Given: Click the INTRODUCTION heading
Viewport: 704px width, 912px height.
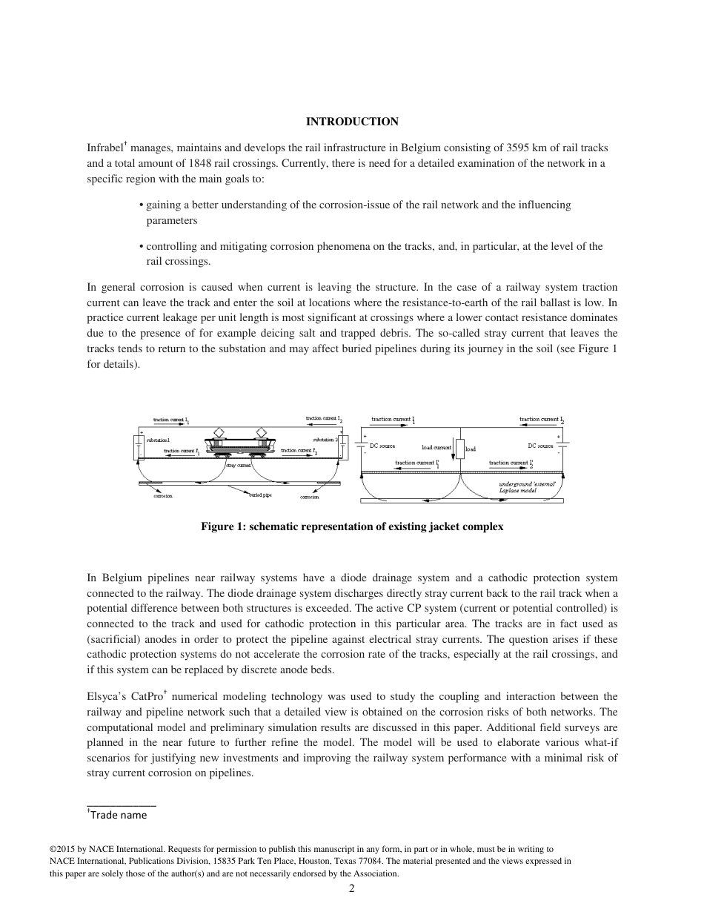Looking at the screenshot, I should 352,122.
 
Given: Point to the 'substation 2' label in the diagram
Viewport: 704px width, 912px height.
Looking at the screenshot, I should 325,439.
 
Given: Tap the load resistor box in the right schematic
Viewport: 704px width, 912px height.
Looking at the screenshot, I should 459,449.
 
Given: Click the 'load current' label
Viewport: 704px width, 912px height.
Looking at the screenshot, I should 436,448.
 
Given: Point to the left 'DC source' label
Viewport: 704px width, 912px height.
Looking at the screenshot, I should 382,446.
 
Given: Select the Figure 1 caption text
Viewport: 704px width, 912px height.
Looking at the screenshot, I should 352,527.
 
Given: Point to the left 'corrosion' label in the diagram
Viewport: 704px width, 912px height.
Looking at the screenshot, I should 163,497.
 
